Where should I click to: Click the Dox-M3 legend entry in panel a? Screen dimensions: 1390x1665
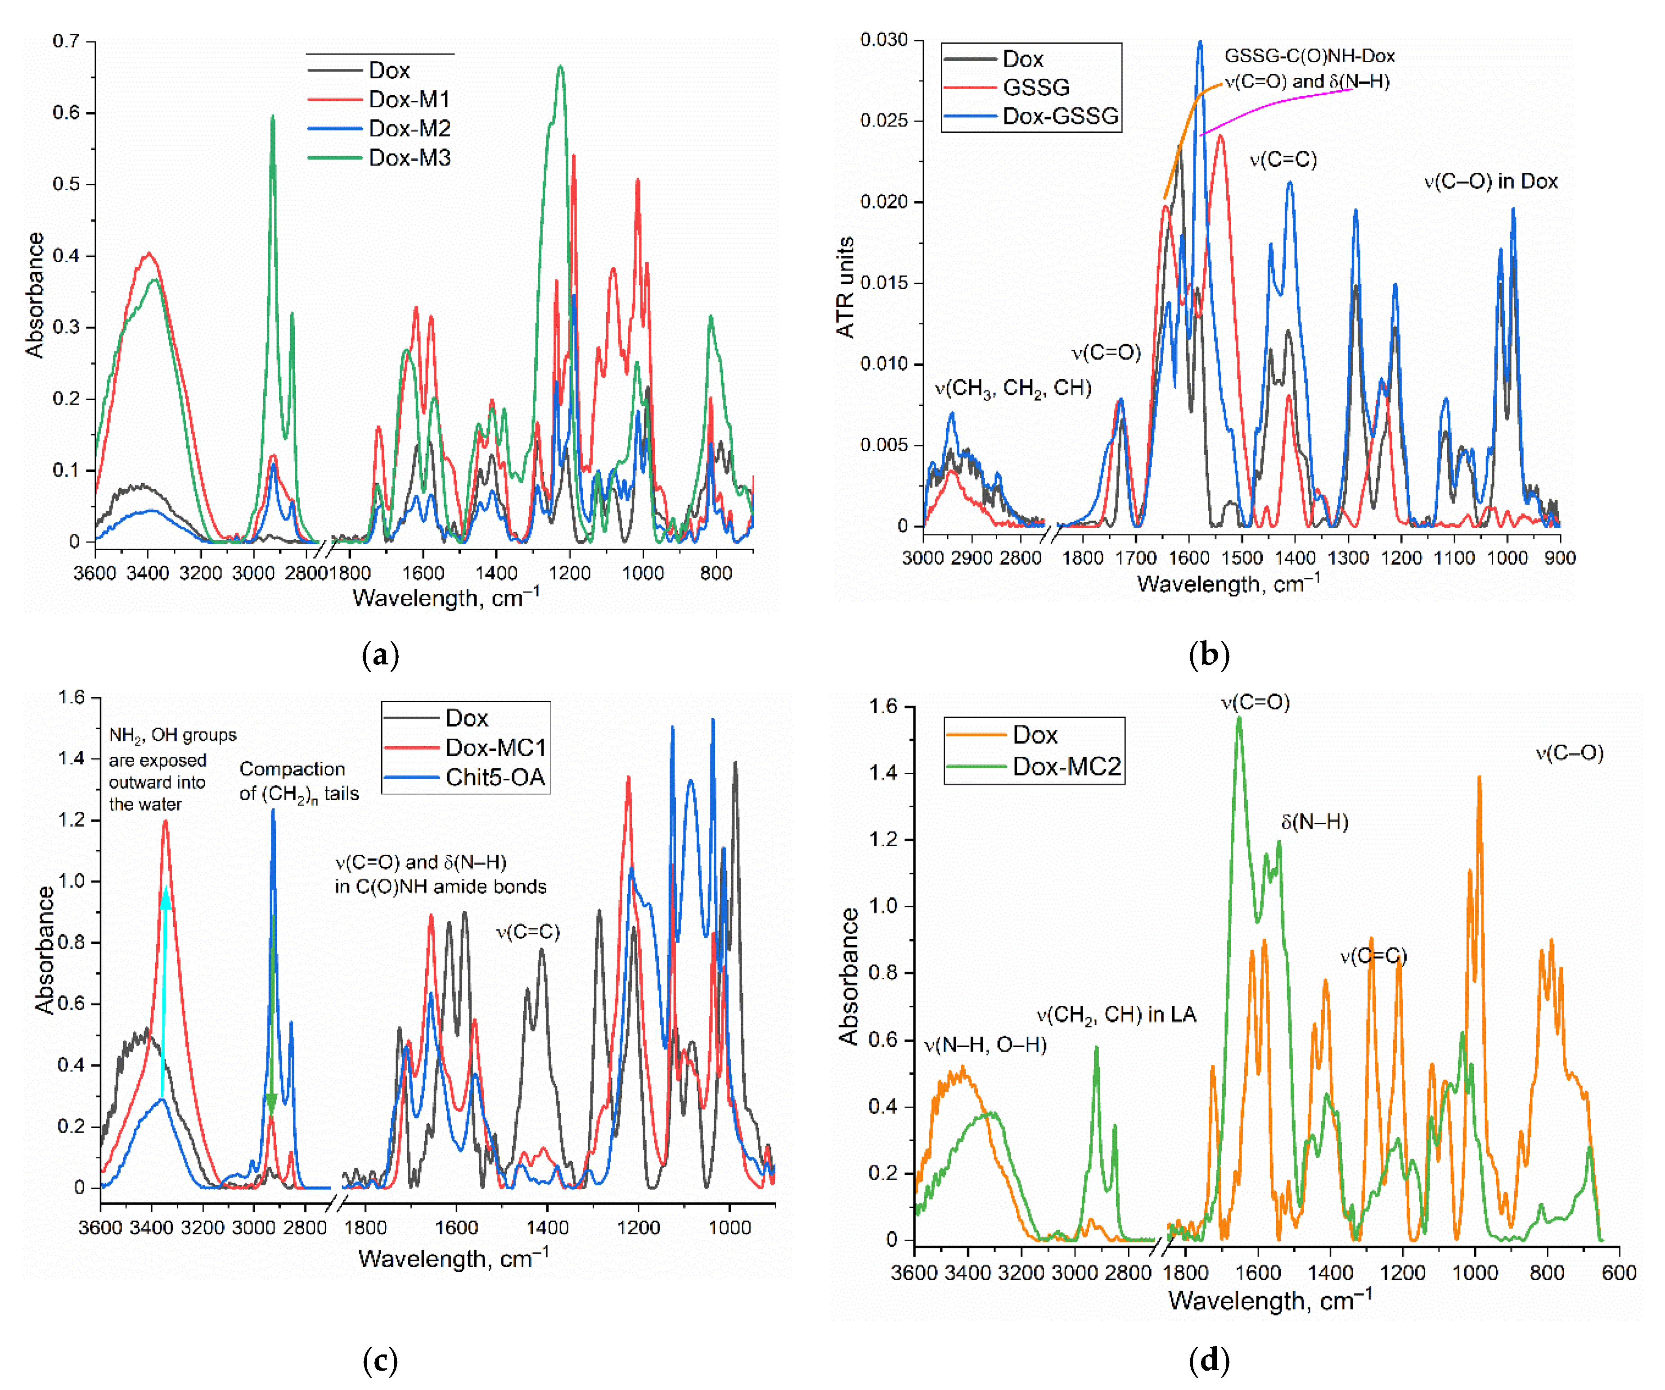coord(409,158)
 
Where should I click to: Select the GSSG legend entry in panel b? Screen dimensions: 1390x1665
coord(1035,87)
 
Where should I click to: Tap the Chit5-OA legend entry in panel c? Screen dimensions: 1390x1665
coord(495,777)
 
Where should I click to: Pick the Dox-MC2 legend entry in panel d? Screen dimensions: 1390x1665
coord(1066,767)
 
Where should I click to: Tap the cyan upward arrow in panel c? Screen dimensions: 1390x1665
coord(164,991)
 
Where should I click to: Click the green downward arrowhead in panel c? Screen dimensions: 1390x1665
coord(272,1103)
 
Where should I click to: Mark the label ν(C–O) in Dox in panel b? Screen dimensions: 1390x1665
coord(1490,181)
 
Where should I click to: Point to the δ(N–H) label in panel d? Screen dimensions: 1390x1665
coord(1314,822)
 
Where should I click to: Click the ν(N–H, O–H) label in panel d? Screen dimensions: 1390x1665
coord(985,1045)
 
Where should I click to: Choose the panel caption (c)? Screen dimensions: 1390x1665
coord(380,1362)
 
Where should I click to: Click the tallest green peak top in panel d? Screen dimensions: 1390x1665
coord(1238,718)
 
